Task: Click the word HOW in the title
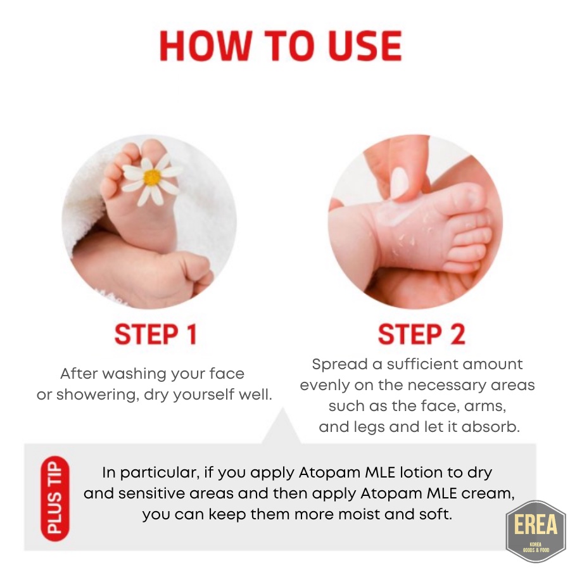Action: (205, 46)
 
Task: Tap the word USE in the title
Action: (365, 46)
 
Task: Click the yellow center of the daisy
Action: (152, 177)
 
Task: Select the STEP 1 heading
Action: (156, 334)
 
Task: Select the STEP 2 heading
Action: (421, 334)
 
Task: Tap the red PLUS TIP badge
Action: (55, 498)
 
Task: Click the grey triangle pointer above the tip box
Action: (282, 429)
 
